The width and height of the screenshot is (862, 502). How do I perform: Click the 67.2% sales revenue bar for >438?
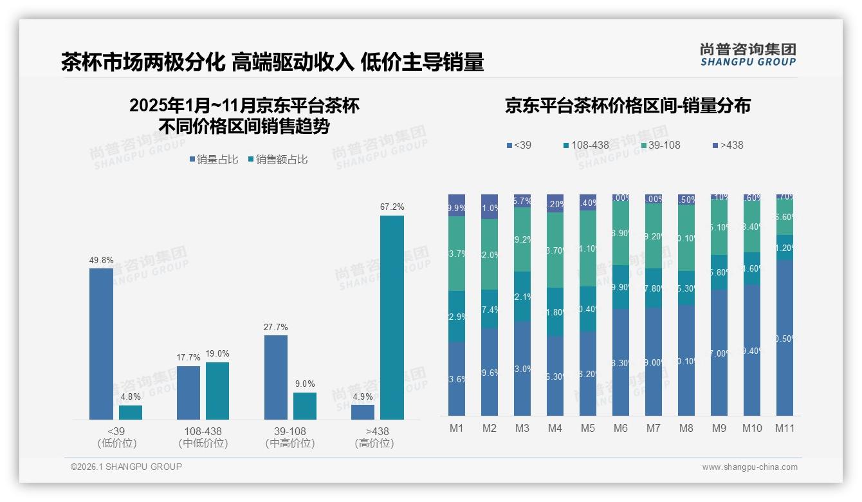point(392,317)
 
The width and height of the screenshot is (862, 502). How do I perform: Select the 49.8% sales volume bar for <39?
point(101,344)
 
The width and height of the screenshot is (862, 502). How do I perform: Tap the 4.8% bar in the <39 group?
point(131,412)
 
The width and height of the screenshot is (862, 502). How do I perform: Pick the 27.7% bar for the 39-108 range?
point(275,377)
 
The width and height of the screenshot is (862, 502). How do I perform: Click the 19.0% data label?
point(217,353)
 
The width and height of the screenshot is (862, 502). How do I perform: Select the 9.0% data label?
point(305,384)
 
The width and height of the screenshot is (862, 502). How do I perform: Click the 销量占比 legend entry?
point(213,160)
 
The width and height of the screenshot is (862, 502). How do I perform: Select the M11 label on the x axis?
point(784,428)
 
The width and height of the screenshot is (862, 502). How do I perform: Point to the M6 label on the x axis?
point(621,428)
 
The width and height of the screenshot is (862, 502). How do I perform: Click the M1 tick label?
point(457,428)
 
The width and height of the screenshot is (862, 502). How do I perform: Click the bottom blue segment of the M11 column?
point(784,338)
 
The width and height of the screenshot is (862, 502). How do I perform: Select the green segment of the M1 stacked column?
point(457,254)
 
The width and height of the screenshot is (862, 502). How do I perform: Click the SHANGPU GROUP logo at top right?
point(747,54)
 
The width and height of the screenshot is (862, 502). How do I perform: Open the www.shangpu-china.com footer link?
point(749,467)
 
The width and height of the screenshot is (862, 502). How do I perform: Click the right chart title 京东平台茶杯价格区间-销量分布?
point(627,106)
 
